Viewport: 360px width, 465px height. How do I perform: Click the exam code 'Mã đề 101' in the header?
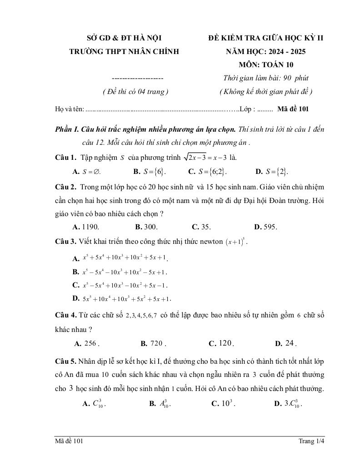pyautogui.click(x=293, y=109)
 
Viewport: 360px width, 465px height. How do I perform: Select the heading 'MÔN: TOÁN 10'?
pyautogui.click(x=266, y=64)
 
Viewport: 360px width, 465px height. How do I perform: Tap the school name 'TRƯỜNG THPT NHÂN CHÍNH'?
pyautogui.click(x=124, y=51)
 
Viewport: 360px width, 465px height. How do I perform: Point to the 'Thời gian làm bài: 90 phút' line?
pyautogui.click(x=266, y=78)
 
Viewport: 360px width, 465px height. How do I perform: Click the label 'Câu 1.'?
pyautogui.click(x=65, y=158)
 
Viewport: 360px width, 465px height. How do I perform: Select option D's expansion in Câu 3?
pyautogui.click(x=126, y=299)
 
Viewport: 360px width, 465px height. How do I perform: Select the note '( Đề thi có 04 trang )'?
pyautogui.click(x=136, y=91)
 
